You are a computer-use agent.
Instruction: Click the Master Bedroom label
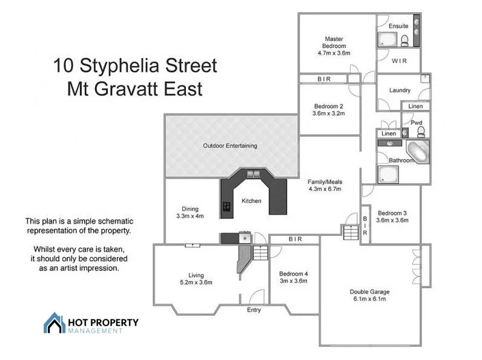[334, 42]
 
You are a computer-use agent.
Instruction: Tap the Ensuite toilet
[404, 40]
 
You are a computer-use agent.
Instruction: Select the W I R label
[399, 61]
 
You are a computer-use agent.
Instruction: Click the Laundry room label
[400, 90]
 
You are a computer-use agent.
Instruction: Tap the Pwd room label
[416, 123]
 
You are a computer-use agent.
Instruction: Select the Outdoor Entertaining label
[229, 145]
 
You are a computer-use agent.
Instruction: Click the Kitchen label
[251, 201]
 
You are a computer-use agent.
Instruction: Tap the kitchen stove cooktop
[226, 207]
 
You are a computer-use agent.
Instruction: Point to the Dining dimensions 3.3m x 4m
[190, 216]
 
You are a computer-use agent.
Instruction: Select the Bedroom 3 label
[392, 213]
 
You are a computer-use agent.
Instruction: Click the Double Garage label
[368, 292]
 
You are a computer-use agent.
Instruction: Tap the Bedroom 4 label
[293, 273]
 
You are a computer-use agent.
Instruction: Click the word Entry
[254, 310]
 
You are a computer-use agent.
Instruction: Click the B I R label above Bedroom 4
[295, 239]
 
